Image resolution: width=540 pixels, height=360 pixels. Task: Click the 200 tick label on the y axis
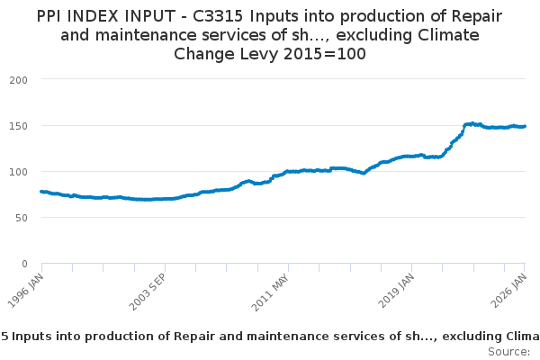pos(19,79)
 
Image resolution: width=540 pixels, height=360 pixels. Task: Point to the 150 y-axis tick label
pos(19,125)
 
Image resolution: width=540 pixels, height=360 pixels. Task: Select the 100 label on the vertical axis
pos(19,171)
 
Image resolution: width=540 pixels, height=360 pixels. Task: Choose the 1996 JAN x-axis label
pos(28,288)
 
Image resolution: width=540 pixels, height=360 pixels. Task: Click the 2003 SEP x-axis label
pos(149,289)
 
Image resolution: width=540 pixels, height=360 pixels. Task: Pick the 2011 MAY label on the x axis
pos(273,289)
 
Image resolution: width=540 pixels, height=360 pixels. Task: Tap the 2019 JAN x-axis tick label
pos(398,288)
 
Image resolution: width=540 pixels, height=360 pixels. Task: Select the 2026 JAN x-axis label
pos(512,288)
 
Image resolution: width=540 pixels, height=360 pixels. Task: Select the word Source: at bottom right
pos(509,351)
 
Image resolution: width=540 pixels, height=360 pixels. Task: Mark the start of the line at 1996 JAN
pos(42,192)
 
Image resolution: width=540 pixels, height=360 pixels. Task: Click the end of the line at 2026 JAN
pos(526,126)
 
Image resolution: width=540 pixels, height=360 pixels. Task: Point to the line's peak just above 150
pos(472,123)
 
